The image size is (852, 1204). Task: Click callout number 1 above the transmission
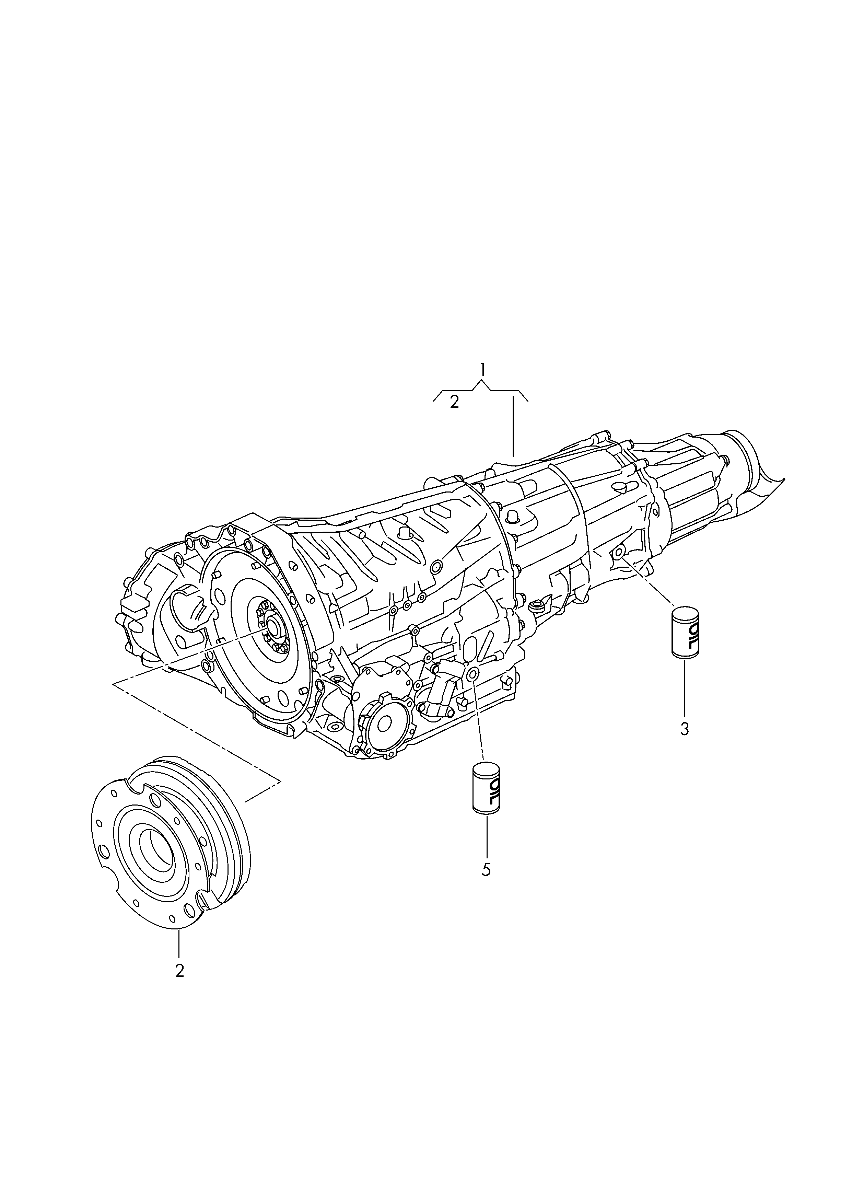point(482,370)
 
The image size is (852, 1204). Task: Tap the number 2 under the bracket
point(454,402)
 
